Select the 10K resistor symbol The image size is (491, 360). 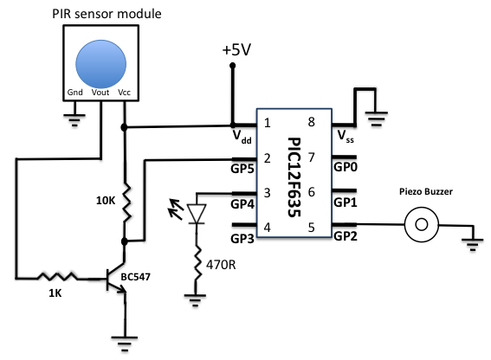tap(126, 202)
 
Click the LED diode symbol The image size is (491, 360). tap(198, 212)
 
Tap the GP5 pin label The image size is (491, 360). tap(243, 170)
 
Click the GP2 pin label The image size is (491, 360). tap(346, 237)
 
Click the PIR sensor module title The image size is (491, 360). tap(95, 13)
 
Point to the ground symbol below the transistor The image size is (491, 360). tap(126, 342)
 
